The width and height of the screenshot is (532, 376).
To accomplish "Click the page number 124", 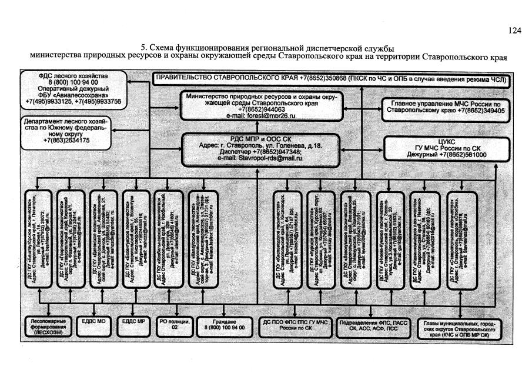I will tap(515, 31).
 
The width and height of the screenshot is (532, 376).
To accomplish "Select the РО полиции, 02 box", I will tap(173, 324).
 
